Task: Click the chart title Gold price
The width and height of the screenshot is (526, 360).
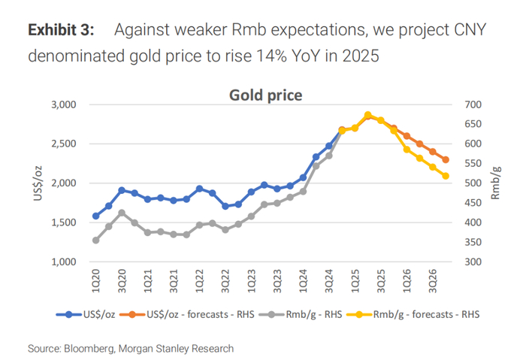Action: [x=265, y=95]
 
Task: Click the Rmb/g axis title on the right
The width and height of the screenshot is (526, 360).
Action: [x=497, y=183]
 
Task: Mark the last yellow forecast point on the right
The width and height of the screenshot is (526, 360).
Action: [x=446, y=176]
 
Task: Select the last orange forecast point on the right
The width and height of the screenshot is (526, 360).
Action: [x=446, y=159]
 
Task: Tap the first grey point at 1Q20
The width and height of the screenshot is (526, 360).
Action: [x=95, y=241]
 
